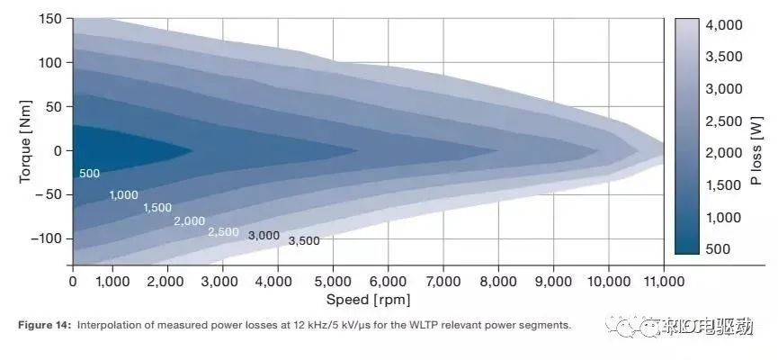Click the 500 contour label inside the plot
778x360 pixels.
click(88, 173)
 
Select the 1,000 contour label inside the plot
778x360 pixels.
click(124, 195)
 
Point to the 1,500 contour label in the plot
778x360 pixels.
click(157, 208)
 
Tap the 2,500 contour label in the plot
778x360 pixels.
click(223, 231)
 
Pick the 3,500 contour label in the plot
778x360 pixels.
click(304, 241)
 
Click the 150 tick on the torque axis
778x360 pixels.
click(50, 19)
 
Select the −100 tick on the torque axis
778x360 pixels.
click(45, 238)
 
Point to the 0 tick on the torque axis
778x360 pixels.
click(57, 150)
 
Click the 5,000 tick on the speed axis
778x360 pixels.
click(333, 282)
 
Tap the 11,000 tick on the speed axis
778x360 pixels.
click(663, 282)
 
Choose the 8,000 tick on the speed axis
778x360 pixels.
click(498, 282)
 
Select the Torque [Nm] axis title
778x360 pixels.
click(25, 142)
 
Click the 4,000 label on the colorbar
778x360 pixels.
click(724, 26)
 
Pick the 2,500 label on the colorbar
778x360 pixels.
click(724, 121)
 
